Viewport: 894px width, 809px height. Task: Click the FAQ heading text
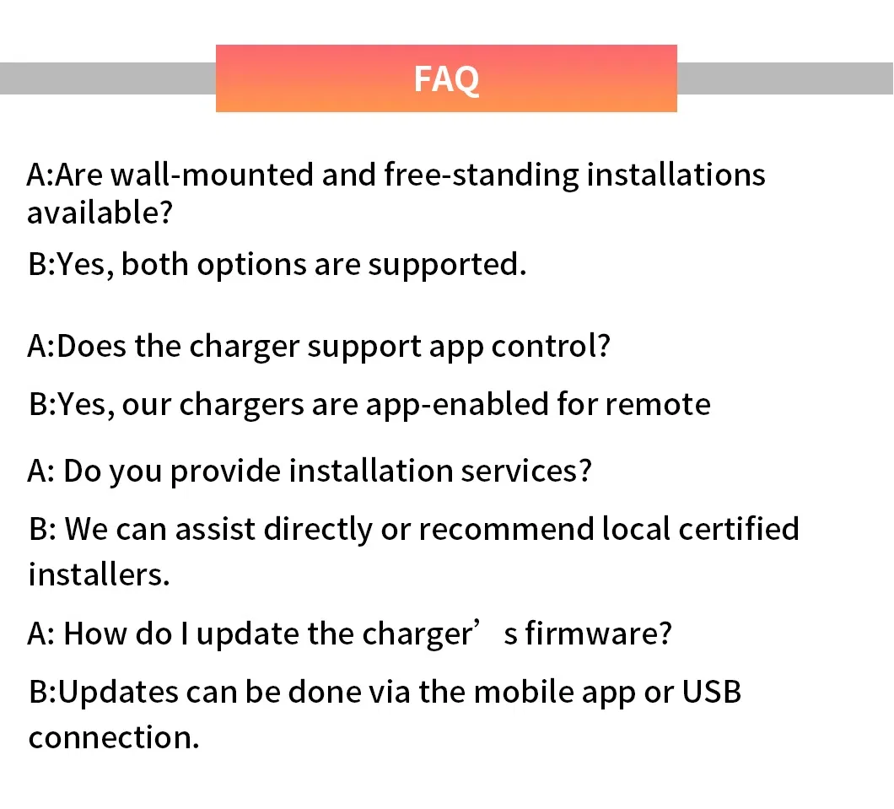pyautogui.click(x=446, y=78)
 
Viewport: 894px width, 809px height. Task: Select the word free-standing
pyautogui.click(x=482, y=175)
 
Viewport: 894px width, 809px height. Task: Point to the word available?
pyautogui.click(x=100, y=213)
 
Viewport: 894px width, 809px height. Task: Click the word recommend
pyautogui.click(x=506, y=529)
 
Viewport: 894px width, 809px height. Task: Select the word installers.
pyautogui.click(x=99, y=574)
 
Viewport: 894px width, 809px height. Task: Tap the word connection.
pyautogui.click(x=114, y=737)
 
